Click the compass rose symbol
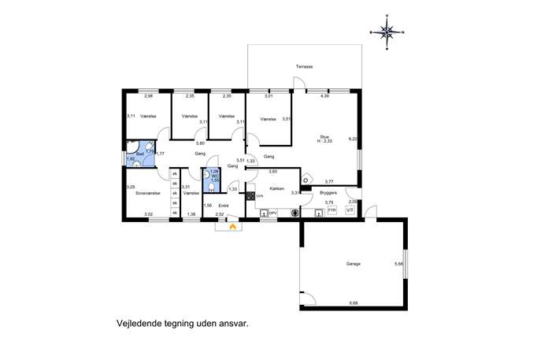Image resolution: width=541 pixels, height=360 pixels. point(387,32)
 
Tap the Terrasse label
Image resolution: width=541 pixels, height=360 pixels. point(305,67)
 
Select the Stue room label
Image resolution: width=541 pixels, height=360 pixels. point(324,135)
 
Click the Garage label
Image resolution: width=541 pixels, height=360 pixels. point(353,264)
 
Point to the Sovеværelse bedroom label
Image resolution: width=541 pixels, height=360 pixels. point(148,192)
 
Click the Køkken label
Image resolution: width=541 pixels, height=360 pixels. point(276,189)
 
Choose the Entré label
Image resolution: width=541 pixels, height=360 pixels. point(223,206)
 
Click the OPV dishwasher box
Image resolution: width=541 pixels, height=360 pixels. point(272,212)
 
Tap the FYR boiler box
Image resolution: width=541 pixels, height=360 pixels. point(332,211)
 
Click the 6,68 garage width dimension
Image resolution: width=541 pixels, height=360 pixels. point(353,302)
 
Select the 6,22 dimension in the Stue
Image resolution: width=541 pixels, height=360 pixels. point(353,139)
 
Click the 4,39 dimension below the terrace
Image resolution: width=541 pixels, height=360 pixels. point(324,97)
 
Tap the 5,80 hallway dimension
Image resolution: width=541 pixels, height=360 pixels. point(200,143)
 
